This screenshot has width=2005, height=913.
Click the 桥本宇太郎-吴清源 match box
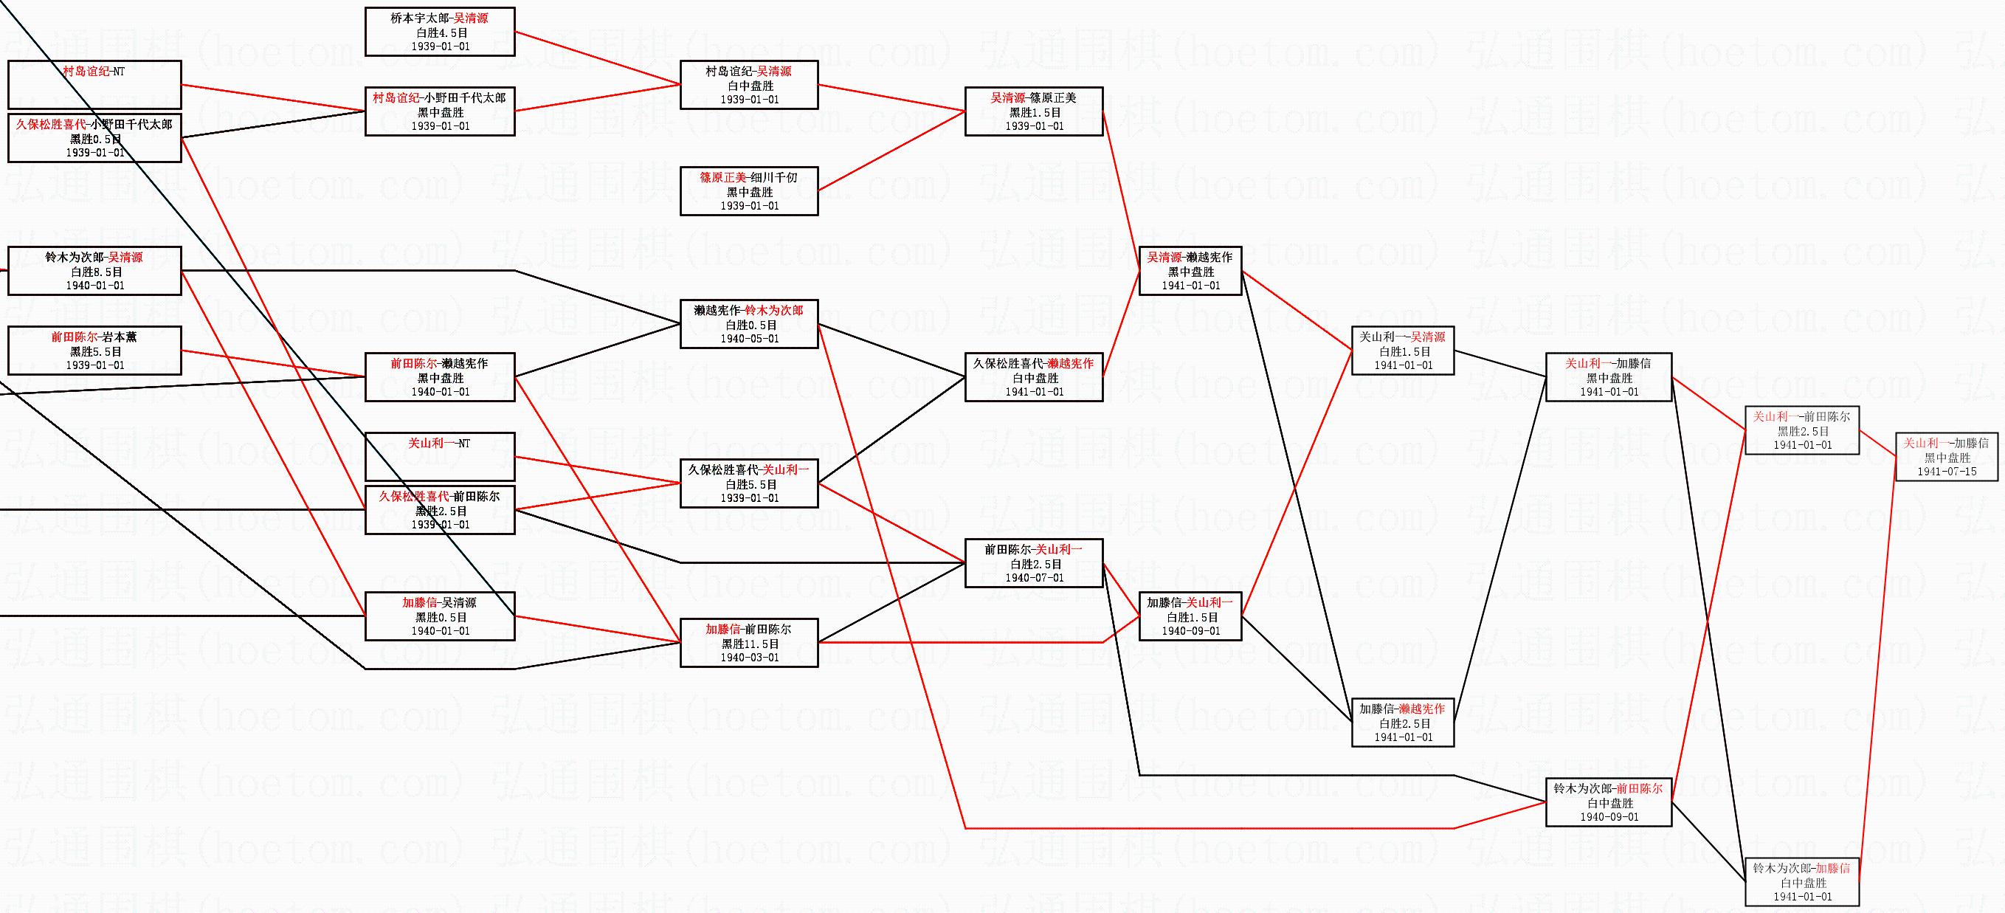coord(440,31)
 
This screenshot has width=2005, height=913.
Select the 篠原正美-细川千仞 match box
coord(749,190)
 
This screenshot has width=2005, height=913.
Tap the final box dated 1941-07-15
coord(1947,457)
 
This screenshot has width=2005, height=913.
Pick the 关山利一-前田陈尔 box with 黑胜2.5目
coord(1802,430)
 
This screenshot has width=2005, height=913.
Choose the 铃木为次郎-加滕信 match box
coord(1802,882)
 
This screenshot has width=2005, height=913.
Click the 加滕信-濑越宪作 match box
coord(1403,723)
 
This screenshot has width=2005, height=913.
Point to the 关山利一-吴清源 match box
coord(1403,351)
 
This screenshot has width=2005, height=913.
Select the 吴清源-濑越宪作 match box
coord(1190,271)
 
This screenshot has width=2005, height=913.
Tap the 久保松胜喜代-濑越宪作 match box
coord(1034,377)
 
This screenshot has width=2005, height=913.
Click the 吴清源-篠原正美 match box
coord(1034,111)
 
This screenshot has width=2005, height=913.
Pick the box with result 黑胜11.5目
coord(750,644)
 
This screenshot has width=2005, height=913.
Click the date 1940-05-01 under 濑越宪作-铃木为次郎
coord(749,339)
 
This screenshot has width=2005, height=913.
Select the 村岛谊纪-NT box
coord(94,84)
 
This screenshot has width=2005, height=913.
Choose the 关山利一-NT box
coord(440,457)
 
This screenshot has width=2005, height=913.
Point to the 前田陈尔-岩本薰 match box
coord(94,351)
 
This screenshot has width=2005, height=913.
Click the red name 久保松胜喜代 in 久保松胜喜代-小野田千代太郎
coord(51,125)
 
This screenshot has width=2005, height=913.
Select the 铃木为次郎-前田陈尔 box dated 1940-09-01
coord(1608,802)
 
